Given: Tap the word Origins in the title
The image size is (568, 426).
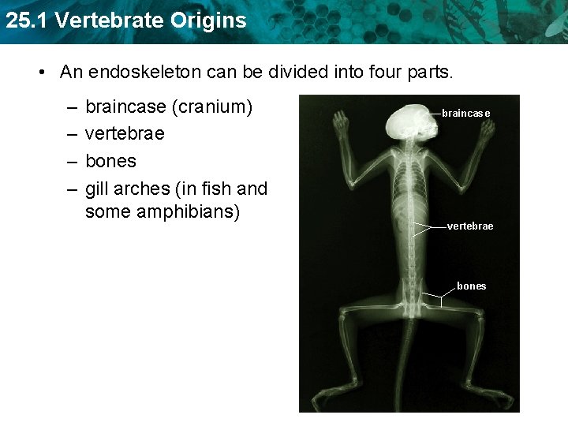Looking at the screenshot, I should coord(207,21).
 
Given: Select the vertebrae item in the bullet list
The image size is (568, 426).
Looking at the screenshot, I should coord(125,133).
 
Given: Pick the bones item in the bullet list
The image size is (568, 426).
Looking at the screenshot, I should coord(110,161).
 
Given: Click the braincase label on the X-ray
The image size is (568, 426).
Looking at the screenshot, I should coord(465,114).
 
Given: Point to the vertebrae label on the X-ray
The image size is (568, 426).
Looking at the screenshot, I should coord(470,226).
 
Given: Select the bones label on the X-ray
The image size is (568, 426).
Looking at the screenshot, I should coord(472,286).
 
